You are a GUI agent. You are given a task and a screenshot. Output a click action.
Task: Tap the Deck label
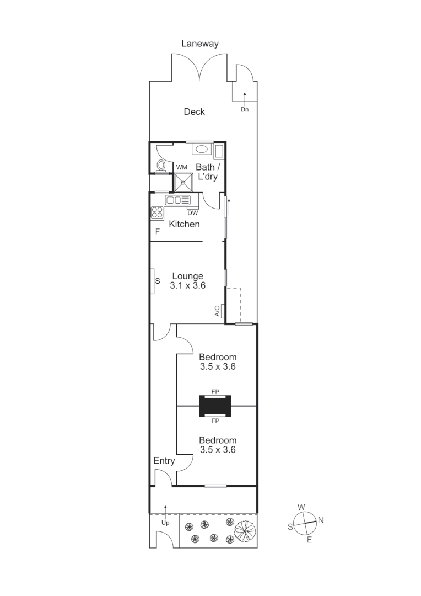(x=194, y=112)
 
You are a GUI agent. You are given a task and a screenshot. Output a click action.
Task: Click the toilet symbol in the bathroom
(x=161, y=165)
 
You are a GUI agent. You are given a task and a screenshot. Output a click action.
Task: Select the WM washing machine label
(x=181, y=167)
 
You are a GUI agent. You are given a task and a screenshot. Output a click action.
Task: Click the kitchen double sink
(x=178, y=200)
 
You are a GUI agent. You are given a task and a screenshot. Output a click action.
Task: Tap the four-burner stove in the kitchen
(x=157, y=212)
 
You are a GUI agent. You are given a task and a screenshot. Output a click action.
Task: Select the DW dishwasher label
(x=193, y=212)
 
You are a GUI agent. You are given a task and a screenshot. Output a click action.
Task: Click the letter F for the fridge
(x=157, y=232)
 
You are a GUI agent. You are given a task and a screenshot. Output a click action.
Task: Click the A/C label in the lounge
(x=218, y=312)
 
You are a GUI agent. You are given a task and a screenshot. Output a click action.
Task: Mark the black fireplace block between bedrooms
(x=215, y=406)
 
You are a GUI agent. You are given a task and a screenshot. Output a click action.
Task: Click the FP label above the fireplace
(x=215, y=391)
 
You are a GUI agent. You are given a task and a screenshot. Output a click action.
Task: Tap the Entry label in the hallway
(x=164, y=461)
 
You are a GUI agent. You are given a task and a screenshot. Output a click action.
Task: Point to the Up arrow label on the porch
(x=165, y=522)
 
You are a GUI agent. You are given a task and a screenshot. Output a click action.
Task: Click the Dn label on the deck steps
(x=245, y=109)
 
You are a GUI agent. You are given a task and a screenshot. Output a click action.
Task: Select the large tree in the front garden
(x=246, y=530)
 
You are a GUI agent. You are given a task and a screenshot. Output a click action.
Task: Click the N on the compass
(x=321, y=520)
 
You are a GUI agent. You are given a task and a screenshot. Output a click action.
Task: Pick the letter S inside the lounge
(x=157, y=281)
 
